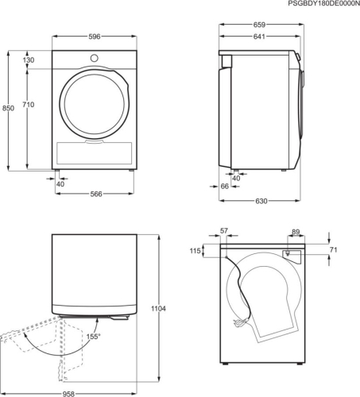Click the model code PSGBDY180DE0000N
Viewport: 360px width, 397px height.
pos(315,5)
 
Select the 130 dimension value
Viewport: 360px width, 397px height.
pos(29,60)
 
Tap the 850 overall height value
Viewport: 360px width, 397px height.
pos(8,108)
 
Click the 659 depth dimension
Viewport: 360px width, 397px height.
pos(259,25)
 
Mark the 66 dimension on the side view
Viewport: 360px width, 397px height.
pos(225,186)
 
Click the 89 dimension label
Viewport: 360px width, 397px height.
pos(296,232)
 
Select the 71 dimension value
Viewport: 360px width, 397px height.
pos(334,252)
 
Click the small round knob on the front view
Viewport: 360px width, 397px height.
pos(95,57)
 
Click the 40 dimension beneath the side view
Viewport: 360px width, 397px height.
pos(236,178)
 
